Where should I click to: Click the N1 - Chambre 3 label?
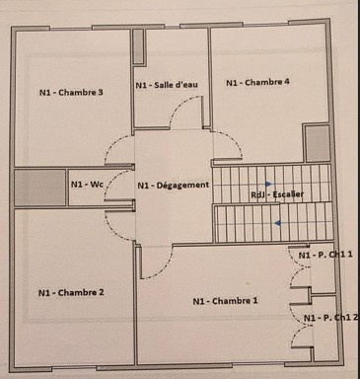tap(71, 93)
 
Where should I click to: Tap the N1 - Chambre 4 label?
tap(257, 82)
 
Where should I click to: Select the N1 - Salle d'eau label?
tap(167, 85)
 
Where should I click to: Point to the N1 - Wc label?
tap(87, 185)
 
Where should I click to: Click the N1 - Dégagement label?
tap(174, 186)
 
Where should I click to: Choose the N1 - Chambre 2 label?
tap(71, 292)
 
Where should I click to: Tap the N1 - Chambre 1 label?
tap(225, 301)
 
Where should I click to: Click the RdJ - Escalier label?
tap(277, 194)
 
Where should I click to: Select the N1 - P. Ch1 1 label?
tap(325, 255)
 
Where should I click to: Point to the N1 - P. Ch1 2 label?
tap(330, 318)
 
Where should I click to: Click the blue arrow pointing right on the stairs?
tap(269, 184)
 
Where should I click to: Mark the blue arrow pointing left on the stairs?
tap(278, 223)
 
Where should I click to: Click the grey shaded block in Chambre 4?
tap(318, 144)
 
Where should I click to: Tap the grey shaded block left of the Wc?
tap(40, 188)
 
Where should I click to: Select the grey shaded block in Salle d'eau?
tap(138, 46)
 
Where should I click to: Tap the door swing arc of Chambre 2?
tap(113, 232)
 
